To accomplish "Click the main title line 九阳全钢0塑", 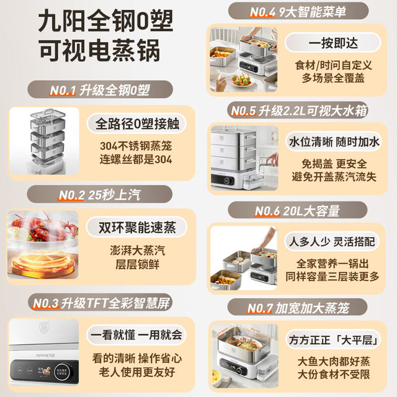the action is click(105, 20).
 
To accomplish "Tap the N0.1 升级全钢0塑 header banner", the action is click(100, 89).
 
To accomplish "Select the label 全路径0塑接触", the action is click(136, 123).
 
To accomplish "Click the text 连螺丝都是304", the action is click(136, 159).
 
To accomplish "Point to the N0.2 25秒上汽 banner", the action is click(99, 194).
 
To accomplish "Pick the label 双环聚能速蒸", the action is click(136, 227).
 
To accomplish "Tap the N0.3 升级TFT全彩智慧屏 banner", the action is click(100, 303).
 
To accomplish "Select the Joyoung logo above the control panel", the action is click(45, 355).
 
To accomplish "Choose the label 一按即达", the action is click(333, 43).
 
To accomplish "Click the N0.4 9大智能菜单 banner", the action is click(298, 11).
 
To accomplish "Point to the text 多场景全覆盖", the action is click(333, 78).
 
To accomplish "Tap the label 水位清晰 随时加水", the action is click(334, 142).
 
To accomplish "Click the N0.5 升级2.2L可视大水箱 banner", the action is click(298, 110).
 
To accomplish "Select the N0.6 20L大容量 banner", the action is click(298, 210).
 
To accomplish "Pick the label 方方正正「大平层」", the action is click(334, 339).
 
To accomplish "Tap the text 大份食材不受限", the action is click(334, 374).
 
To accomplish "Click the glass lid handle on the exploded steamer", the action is click(48, 111).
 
